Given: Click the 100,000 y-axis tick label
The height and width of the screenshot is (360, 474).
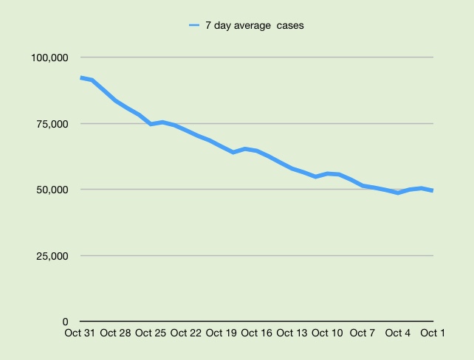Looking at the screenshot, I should coord(48,58).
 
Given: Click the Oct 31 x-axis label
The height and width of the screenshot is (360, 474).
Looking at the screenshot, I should coord(80,333).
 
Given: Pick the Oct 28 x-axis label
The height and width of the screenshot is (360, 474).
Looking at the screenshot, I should coord(115,333).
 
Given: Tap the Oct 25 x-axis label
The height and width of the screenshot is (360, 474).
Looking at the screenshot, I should coord(151,333).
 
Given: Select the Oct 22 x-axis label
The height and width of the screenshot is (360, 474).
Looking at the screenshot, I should coord(186,333).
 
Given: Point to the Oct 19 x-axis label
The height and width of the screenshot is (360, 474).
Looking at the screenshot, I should coord(221,333).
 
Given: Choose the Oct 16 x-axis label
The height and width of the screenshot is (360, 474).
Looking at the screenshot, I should coord(256,333).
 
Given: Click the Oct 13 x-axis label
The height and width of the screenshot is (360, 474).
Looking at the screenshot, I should coord(292,333).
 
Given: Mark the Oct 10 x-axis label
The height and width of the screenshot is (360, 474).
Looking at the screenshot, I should coord(327,333).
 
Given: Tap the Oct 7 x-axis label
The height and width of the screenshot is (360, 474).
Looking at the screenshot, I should coord(363,333).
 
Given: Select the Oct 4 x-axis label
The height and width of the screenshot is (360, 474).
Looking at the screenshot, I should coord(398,333).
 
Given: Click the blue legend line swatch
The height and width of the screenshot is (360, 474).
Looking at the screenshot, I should coord(194,26).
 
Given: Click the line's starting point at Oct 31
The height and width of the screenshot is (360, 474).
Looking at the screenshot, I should coord(80,77).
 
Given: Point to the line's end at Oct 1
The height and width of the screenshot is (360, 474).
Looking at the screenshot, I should coord(433,190).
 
